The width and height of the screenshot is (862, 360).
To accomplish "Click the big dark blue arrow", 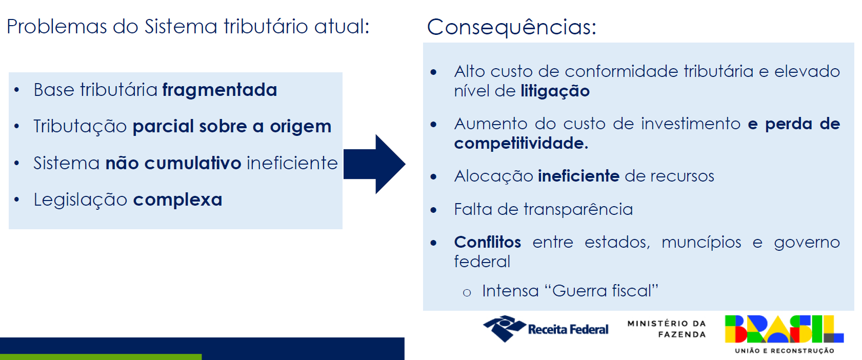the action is pos(374,164).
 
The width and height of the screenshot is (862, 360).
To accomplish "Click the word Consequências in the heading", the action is pos(511,27).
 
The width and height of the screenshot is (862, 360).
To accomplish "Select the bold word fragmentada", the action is pos(219,90).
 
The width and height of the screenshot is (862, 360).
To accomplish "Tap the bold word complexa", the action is pos(177,199).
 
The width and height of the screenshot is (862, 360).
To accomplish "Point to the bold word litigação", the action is pos(555,91).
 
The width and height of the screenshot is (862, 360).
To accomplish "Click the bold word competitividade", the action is pos(521,143).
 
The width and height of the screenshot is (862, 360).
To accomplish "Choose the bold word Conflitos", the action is pos(488,242).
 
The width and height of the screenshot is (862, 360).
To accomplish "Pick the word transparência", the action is pos(578,209).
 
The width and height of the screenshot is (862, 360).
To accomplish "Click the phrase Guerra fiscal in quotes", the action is pos(602,291).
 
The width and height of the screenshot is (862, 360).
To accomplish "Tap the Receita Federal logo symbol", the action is pos(505,328).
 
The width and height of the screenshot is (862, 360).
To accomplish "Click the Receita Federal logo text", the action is pos(568,330).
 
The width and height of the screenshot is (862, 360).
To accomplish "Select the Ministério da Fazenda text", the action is pos(667,329).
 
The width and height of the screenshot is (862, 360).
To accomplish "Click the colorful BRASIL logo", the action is pos(784,329).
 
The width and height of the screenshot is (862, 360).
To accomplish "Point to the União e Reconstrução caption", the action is pos(784,351).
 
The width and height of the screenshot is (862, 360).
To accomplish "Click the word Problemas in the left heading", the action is pos(56,27).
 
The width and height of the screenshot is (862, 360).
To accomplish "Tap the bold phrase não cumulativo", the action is pos(173,163).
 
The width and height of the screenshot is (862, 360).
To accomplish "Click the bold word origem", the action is pos(300,127).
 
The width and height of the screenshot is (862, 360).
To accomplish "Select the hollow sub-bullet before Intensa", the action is pos(467,293).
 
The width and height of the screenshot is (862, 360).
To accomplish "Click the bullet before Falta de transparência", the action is pos(434,210).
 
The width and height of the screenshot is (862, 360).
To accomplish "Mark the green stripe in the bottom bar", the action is pos(101,357).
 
